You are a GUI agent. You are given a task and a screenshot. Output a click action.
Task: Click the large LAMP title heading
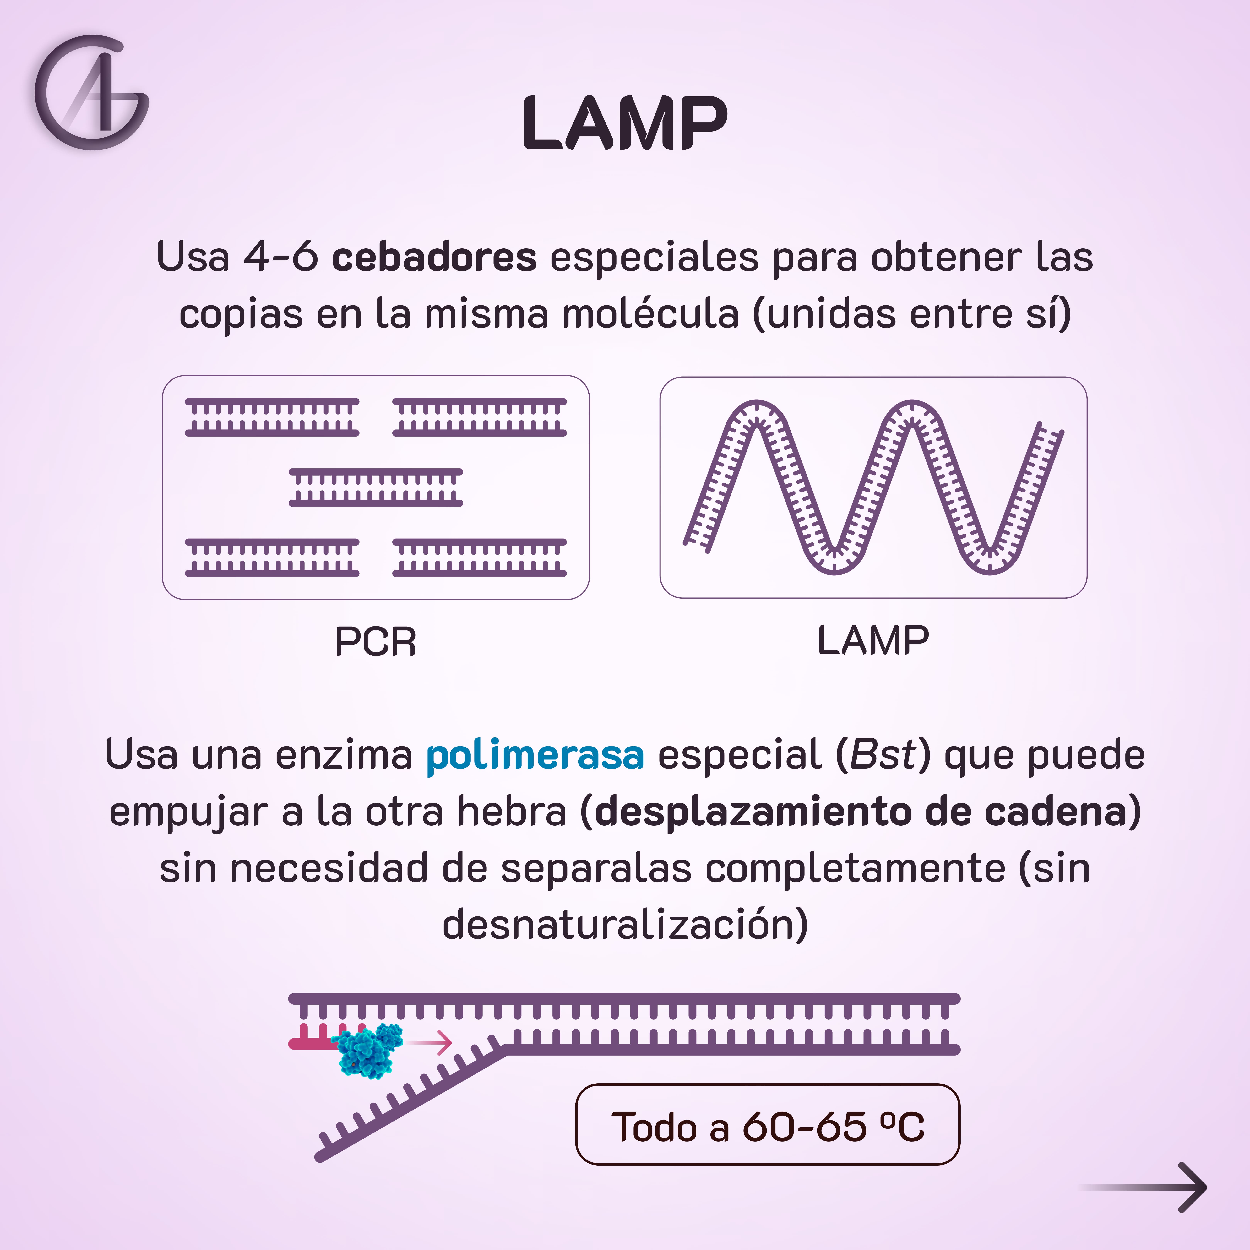coord(625,123)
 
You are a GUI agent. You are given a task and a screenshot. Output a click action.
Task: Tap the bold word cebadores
coord(434,257)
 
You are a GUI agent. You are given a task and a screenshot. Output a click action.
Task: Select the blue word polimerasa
coord(535,755)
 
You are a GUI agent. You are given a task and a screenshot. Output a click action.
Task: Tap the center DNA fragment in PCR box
coord(375,487)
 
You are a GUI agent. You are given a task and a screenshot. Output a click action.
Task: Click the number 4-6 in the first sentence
coord(280,257)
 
